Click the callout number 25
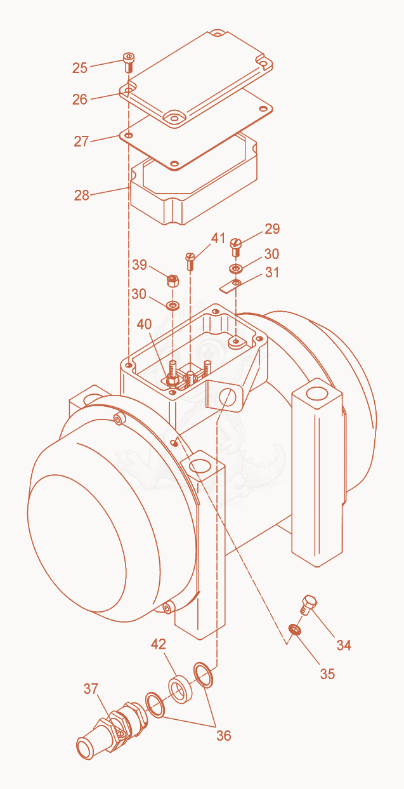[x=80, y=68]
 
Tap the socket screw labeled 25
[x=129, y=62]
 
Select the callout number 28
[x=82, y=195]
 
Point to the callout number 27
[x=81, y=142]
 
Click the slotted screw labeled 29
[x=236, y=247]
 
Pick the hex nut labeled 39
[x=172, y=281]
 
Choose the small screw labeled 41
[x=190, y=261]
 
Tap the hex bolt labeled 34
[x=308, y=604]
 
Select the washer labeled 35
[x=294, y=629]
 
